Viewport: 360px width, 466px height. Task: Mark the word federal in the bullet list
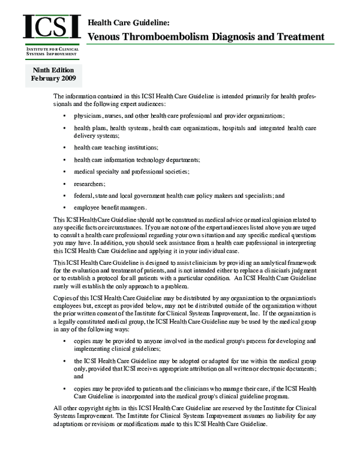[x=83, y=196]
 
